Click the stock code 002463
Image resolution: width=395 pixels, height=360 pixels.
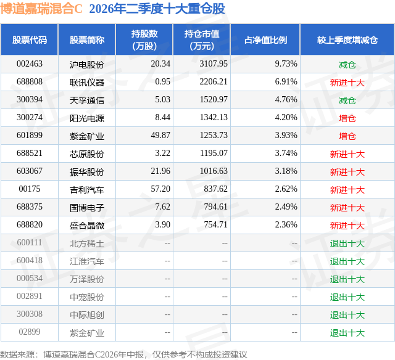[x=30, y=64]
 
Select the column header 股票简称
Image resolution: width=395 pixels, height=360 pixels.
[x=87, y=39]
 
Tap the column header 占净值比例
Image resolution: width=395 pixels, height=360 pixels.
[x=265, y=39]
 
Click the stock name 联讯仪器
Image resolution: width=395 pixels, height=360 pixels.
[x=87, y=82]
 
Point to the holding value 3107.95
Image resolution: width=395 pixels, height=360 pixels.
[x=214, y=64]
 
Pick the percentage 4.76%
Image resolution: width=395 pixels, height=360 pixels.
[x=286, y=100]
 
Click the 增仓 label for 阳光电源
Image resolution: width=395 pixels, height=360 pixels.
[x=347, y=118]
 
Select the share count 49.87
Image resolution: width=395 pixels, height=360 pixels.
[x=160, y=136]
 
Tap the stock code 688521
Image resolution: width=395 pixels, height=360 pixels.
[x=30, y=153]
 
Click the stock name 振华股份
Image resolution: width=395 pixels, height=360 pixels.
[x=87, y=171]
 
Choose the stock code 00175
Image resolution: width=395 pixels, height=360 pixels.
[x=30, y=189]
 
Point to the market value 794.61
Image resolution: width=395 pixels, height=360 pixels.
[x=215, y=207]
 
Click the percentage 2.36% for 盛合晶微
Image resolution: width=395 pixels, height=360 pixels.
[x=286, y=224]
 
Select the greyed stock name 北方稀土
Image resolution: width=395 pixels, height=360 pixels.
[x=87, y=243]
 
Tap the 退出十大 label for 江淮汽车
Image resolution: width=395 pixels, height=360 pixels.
[x=347, y=261]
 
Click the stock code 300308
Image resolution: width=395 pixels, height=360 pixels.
[x=30, y=314]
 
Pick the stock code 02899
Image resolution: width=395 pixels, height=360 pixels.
[x=30, y=332]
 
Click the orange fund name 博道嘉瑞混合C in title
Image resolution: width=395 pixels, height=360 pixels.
[x=41, y=9]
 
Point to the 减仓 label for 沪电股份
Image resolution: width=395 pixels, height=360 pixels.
[x=347, y=64]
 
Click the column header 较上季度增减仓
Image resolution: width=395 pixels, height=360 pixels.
[x=347, y=39]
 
